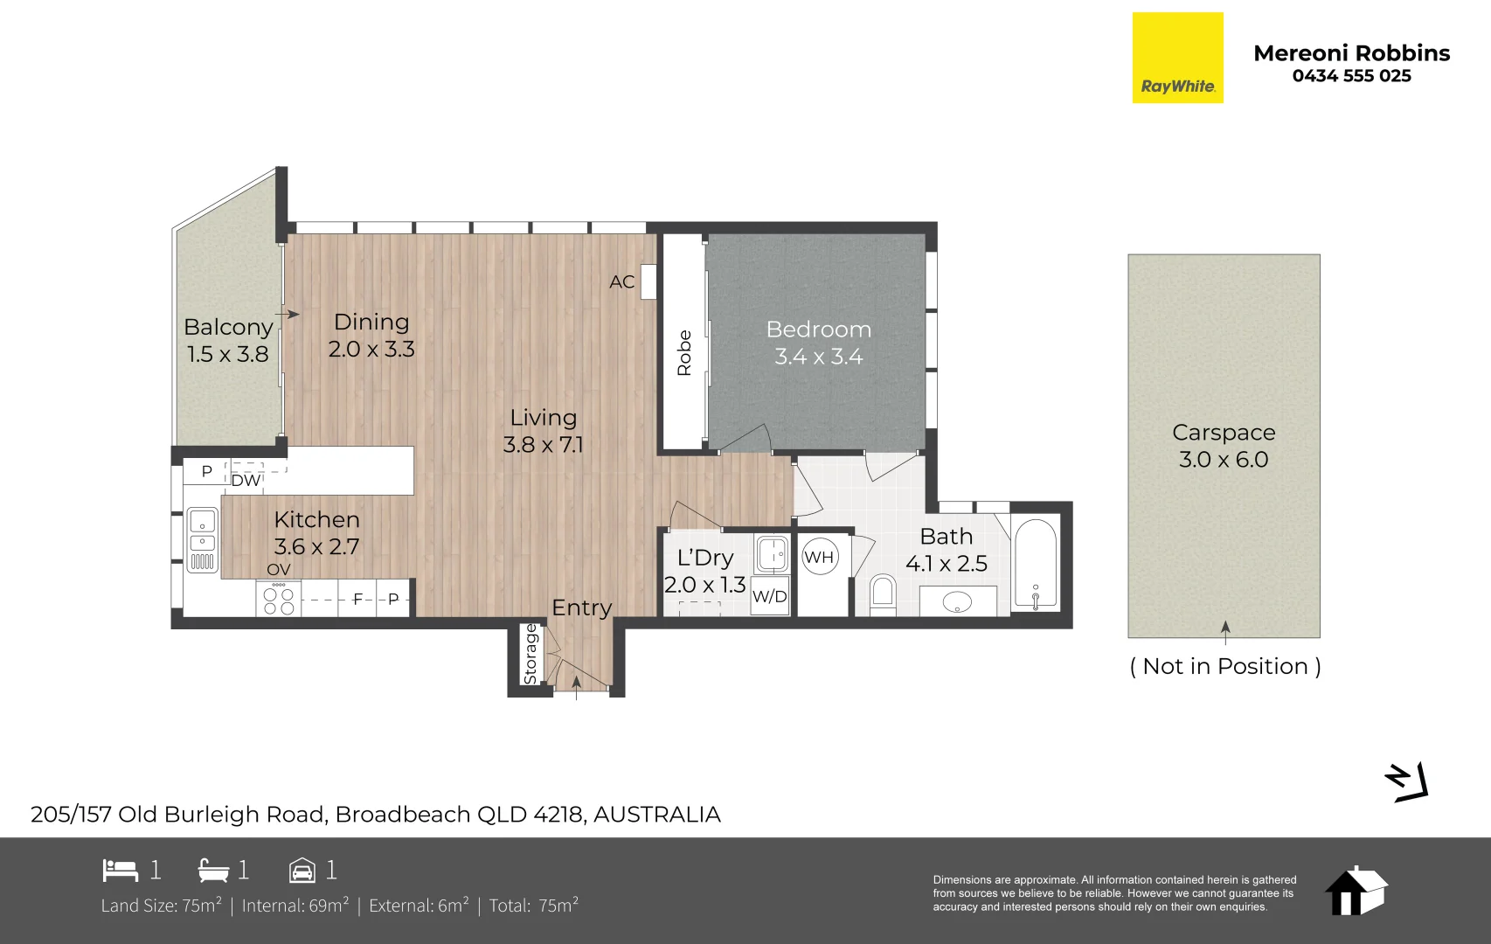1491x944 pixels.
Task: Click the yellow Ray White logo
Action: tap(1177, 58)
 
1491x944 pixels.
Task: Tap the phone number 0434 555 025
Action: tap(1351, 76)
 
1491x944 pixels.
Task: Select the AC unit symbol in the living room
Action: tap(649, 281)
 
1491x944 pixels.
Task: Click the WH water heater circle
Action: tap(818, 557)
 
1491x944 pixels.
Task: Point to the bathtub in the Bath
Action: tap(1035, 564)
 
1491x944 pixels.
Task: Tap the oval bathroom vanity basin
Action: tap(957, 602)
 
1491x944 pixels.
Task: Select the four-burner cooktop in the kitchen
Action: tap(278, 599)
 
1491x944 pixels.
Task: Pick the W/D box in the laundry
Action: tap(769, 596)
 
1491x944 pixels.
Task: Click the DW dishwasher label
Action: tap(246, 481)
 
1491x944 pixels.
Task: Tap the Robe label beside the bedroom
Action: tap(684, 353)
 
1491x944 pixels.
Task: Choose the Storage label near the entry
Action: tap(531, 655)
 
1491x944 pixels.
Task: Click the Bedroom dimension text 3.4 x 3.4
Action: tap(818, 357)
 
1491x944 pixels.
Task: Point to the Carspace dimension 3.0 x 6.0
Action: tap(1224, 460)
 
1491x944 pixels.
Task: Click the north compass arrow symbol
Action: tap(1406, 781)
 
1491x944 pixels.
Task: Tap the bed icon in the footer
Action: tap(121, 870)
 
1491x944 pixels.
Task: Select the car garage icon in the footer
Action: tap(302, 870)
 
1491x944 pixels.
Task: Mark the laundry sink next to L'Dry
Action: tap(772, 553)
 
